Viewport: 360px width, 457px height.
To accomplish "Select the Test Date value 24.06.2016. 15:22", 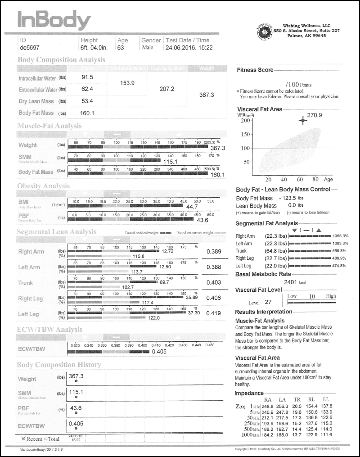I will click(x=189, y=47).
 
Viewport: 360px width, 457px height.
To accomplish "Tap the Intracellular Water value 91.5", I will click(x=87, y=77).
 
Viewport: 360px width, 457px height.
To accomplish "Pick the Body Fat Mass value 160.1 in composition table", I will click(x=87, y=113).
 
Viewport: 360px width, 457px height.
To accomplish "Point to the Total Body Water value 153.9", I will click(x=128, y=83).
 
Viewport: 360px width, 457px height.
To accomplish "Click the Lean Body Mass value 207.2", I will click(x=167, y=89).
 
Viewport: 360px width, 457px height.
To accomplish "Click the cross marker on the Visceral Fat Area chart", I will click(x=303, y=120).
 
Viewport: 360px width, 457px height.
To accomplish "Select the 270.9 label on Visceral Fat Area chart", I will click(x=315, y=115).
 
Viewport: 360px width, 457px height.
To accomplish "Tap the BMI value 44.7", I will click(x=192, y=207).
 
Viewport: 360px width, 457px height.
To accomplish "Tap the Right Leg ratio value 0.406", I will click(x=214, y=298).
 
